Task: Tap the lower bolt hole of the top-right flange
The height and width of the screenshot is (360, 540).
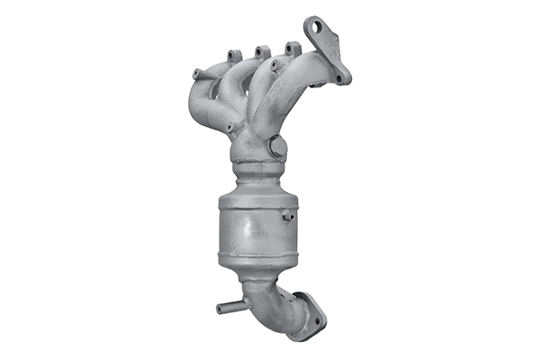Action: coord(339,76)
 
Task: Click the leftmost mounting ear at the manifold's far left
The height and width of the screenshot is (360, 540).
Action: coord(196,73)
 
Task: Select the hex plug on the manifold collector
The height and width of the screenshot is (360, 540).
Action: coord(276,147)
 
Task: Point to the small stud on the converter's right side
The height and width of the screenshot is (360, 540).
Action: coord(288,215)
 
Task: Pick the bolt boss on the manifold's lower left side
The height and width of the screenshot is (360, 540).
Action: coord(230,127)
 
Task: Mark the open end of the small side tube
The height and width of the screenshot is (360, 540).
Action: coord(220,308)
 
